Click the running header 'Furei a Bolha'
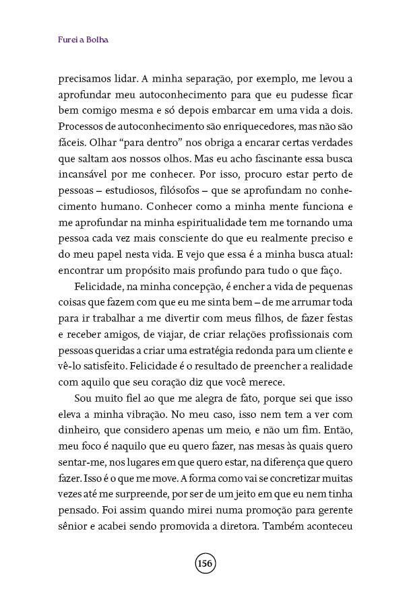[x=84, y=39]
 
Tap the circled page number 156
[x=205, y=563]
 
